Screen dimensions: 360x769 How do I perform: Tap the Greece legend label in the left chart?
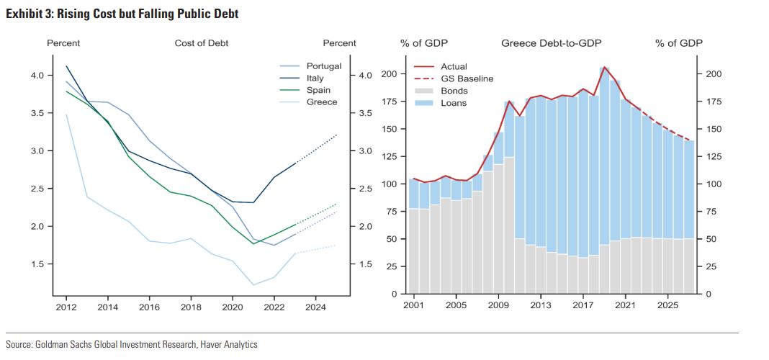tap(321, 102)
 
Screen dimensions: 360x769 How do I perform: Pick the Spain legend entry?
tap(318, 90)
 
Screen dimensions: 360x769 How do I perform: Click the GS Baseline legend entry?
tap(467, 78)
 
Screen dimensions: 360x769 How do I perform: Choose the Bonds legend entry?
tap(454, 91)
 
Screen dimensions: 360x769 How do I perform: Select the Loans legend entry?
tap(454, 103)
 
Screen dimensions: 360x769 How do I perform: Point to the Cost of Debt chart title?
tap(202, 43)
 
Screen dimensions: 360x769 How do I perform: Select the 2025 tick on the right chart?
tap(667, 305)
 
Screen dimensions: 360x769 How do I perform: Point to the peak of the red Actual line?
tap(604, 67)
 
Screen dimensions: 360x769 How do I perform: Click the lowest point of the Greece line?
tap(253, 285)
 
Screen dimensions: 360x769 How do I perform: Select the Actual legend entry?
tap(454, 66)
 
